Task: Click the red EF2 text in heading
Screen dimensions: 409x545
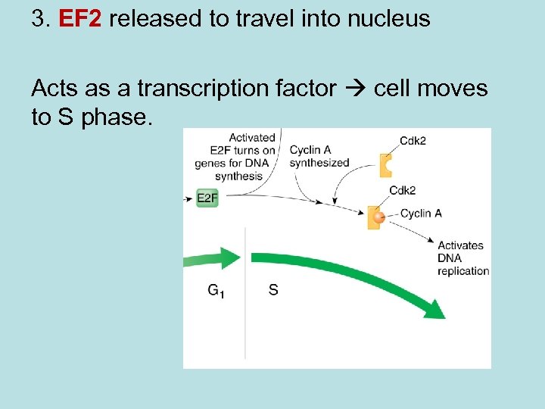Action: click(79, 19)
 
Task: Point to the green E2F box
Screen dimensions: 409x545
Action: click(207, 198)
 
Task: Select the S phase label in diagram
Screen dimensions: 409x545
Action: click(273, 289)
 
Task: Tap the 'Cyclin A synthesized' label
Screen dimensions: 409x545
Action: click(319, 156)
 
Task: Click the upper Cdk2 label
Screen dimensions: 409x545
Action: click(413, 139)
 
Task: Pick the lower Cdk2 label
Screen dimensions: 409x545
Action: click(402, 190)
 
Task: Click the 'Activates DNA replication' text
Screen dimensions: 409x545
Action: click(462, 258)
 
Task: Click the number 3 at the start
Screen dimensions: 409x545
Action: click(37, 19)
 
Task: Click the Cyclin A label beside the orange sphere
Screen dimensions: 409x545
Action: click(420, 214)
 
